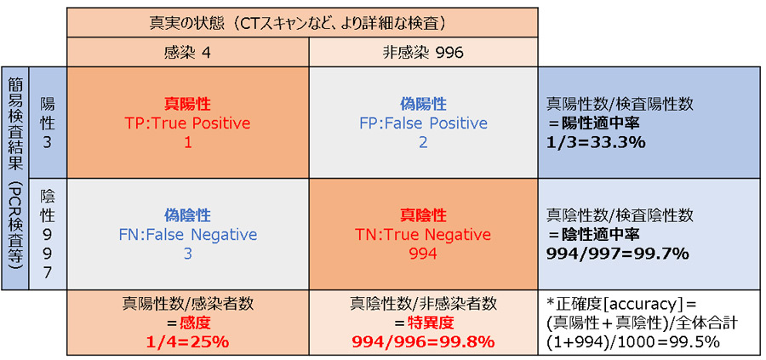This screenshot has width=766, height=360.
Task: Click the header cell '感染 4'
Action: [187, 52]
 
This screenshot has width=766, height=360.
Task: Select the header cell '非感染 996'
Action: [423, 52]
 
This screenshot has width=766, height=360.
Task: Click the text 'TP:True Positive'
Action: [187, 123]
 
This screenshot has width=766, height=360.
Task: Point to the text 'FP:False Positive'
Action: [423, 123]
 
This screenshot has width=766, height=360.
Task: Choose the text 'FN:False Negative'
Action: [187, 234]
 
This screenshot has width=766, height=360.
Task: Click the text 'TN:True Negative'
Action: [423, 234]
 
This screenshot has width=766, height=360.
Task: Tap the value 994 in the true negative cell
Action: [423, 254]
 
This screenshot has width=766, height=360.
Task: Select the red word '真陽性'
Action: [187, 104]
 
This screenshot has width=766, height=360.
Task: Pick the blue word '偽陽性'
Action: [423, 104]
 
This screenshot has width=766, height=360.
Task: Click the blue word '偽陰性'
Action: [187, 215]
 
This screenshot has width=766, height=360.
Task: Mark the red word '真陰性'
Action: [423, 215]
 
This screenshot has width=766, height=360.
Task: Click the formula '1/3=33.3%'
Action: [597, 142]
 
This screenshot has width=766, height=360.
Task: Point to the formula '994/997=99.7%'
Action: [618, 254]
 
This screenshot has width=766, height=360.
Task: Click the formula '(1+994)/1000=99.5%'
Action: [633, 342]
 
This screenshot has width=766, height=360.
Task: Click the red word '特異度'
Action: [432, 323]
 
